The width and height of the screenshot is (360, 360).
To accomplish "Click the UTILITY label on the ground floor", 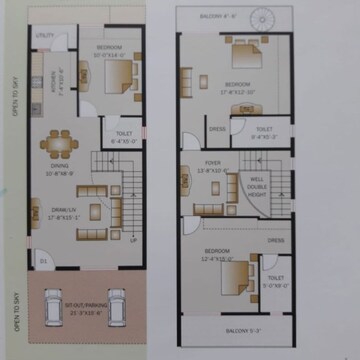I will [x=45, y=36].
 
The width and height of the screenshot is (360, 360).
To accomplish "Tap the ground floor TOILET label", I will [x=124, y=138].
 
